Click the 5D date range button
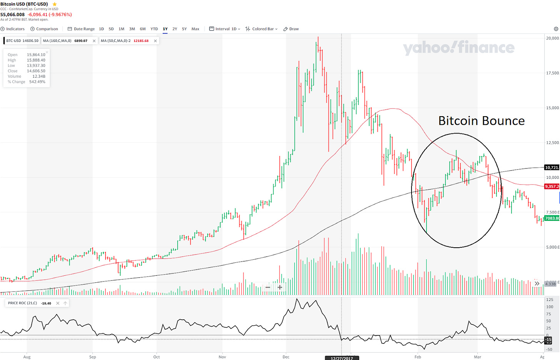point(111,29)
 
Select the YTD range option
point(154,29)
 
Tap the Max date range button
point(195,29)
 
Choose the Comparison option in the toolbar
point(44,29)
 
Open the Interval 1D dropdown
point(225,29)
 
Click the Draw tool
point(291,29)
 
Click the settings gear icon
point(556,29)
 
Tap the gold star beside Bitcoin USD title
point(55,4)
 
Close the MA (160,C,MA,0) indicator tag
point(94,41)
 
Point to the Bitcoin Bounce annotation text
point(481,121)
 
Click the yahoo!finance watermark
point(458,48)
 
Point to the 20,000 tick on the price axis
point(552,38)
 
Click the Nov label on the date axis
point(222,357)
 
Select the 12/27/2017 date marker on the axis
point(342,358)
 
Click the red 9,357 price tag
point(552,187)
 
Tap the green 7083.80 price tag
point(552,218)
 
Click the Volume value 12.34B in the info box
point(38,76)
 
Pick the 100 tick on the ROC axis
point(550,307)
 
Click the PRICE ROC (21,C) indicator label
point(22,303)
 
